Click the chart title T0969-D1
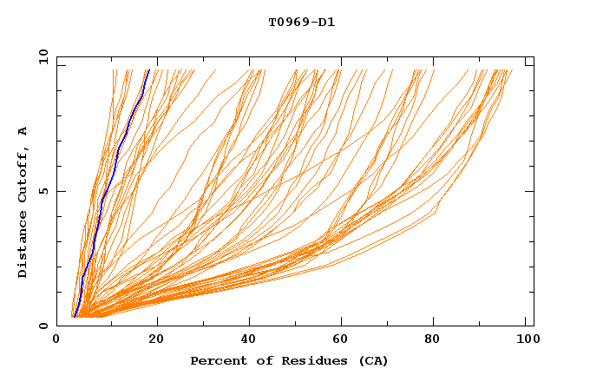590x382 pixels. pos(301,22)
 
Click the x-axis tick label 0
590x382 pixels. pos(56,340)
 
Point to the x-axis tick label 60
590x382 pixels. pos(343,340)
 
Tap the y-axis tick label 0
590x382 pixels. pos(43,326)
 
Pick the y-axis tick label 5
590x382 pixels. pos(43,191)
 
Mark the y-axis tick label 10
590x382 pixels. pos(42,56)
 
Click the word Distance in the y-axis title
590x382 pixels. pos(23,243)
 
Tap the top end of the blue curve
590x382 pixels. pos(149,70)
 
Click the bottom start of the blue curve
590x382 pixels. pos(75,316)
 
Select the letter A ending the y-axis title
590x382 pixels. pos(23,131)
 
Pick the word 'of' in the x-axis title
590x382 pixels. pos(259,360)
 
